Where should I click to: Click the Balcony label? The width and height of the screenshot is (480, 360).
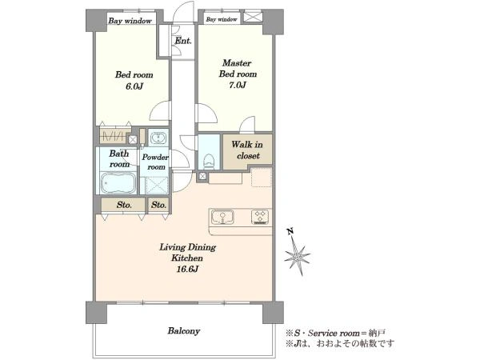click(184, 331)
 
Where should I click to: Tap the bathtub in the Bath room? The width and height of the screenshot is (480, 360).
click(118, 182)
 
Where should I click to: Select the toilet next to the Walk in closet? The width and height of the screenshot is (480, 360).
click(209, 160)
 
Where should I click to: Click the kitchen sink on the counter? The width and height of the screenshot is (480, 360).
click(222, 217)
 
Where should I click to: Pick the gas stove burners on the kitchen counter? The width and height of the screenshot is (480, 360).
click(260, 217)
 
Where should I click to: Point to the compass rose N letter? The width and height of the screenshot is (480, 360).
click(290, 231)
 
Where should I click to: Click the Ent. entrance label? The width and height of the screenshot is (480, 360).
click(182, 41)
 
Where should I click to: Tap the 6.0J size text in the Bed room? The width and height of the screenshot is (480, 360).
click(134, 86)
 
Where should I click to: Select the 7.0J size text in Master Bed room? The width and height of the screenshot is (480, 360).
click(238, 85)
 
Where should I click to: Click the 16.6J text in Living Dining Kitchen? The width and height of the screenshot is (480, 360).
click(187, 269)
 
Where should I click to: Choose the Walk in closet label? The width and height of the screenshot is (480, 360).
click(247, 150)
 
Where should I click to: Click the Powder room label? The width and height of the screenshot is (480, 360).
click(155, 162)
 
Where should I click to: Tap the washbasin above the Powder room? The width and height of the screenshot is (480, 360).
click(158, 138)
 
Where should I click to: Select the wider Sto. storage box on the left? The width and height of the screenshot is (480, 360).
click(123, 205)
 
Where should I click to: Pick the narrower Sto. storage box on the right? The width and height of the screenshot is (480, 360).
click(158, 205)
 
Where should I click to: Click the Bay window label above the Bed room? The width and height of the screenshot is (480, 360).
click(130, 21)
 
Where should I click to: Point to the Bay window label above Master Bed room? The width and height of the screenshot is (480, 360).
click(222, 19)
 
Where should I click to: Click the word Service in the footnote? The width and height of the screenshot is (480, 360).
click(322, 333)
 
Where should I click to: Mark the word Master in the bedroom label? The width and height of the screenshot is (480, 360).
click(237, 63)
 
